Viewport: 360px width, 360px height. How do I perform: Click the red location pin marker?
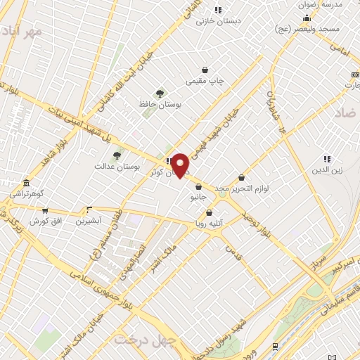click(181, 165)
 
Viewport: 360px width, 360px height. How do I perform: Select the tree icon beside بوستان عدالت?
click(117, 155)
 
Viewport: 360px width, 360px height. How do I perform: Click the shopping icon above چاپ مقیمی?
click(205, 70)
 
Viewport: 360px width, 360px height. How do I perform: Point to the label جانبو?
click(198, 198)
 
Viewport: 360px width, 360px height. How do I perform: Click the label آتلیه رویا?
click(210, 224)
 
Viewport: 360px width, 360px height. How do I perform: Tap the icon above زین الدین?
click(327, 159)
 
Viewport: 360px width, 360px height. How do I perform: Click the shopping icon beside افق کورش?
click(45, 210)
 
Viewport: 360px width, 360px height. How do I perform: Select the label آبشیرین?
click(89, 220)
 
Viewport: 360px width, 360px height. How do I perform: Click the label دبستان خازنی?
click(218, 20)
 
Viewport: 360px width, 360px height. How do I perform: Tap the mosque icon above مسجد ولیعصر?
click(307, 18)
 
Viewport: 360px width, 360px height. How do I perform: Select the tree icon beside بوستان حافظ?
click(160, 93)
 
